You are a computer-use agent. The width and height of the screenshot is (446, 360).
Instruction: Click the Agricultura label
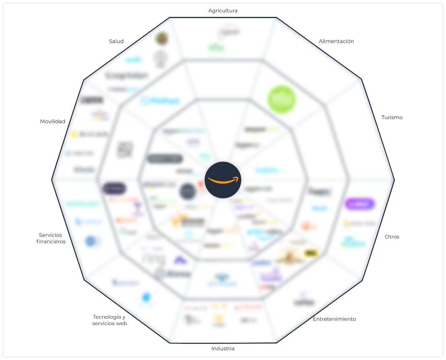point(223,11)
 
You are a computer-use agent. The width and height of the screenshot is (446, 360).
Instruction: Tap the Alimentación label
point(336,41)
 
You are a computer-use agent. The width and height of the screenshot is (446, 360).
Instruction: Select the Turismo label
point(392,118)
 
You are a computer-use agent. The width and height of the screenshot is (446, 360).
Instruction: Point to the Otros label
point(392,237)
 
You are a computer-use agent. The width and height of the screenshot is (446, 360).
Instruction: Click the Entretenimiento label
point(334,319)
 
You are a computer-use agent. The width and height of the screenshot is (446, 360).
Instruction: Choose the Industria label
point(223,348)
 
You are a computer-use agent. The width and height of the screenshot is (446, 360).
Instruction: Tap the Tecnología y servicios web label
point(109,320)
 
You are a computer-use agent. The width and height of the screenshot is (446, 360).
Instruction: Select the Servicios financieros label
point(51,238)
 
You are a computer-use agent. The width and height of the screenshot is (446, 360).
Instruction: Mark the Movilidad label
point(52,122)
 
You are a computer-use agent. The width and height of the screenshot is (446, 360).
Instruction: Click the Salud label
point(116,41)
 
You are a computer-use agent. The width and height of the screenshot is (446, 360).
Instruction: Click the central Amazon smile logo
point(223,180)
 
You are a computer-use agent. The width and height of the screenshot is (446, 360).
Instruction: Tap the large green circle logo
point(282,99)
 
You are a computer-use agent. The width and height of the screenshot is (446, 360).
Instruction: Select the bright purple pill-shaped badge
point(359,204)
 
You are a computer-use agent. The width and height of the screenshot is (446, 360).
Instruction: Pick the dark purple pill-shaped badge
point(114,188)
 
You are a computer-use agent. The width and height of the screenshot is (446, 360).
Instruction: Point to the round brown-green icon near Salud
point(162,39)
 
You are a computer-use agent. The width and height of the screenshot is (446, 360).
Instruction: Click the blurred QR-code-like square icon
point(125,149)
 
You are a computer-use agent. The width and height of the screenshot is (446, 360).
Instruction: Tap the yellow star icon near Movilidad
point(74,134)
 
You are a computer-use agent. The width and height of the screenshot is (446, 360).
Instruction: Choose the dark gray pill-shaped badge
point(165,159)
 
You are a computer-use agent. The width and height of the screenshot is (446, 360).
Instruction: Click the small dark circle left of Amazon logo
point(188,191)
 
